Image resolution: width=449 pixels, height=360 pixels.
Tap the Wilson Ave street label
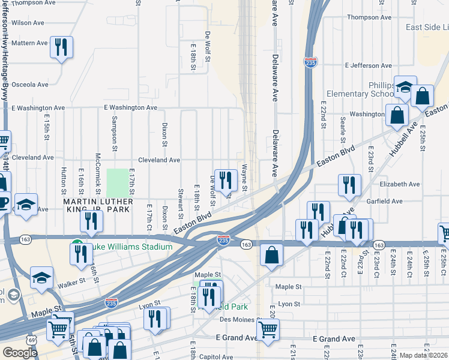point(28,23)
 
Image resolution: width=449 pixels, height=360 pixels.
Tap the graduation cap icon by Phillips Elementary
point(405,88)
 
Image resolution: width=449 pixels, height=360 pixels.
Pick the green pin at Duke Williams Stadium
point(77,246)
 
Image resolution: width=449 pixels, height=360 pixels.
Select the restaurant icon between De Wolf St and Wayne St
point(226,179)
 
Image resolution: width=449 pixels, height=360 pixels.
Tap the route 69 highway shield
point(31,338)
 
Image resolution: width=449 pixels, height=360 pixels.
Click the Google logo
point(20,353)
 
